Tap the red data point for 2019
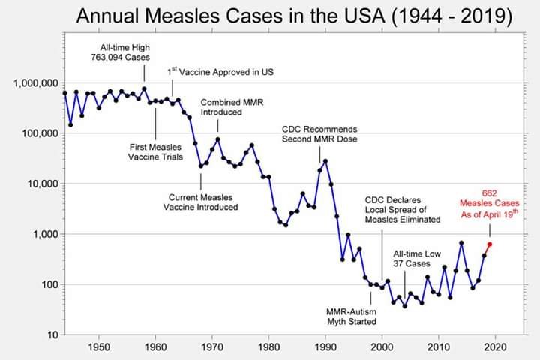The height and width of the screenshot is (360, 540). point(490,244)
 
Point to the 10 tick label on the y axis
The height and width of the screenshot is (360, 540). point(49,335)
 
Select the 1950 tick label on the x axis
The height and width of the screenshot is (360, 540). point(98,348)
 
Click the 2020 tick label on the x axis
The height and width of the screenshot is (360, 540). point(496,348)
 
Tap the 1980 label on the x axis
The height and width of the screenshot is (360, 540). point(268,348)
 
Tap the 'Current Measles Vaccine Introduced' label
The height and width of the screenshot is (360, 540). point(201,202)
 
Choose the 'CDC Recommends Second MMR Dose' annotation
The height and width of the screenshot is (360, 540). point(319,133)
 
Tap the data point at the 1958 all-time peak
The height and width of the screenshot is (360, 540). point(144,88)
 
